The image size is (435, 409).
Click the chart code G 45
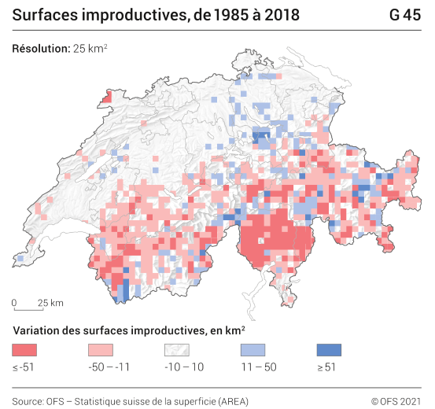[x=404, y=15]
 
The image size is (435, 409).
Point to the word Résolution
[x=41, y=49]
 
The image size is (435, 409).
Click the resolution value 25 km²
[x=90, y=49]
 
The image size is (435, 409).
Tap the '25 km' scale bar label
[x=51, y=303]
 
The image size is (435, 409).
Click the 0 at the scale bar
[x=14, y=303]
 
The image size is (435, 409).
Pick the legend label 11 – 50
[x=256, y=366]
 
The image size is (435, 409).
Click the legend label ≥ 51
[x=326, y=366]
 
